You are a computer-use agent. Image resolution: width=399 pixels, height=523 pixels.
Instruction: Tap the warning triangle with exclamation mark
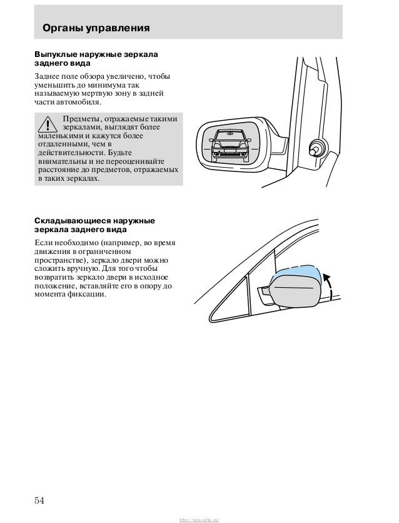pyautogui.click(x=47, y=125)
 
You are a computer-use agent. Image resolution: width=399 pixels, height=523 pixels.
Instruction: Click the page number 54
pyautogui.click(x=40, y=500)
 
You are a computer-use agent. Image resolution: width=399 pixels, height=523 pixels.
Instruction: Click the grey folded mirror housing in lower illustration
pyautogui.click(x=295, y=292)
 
